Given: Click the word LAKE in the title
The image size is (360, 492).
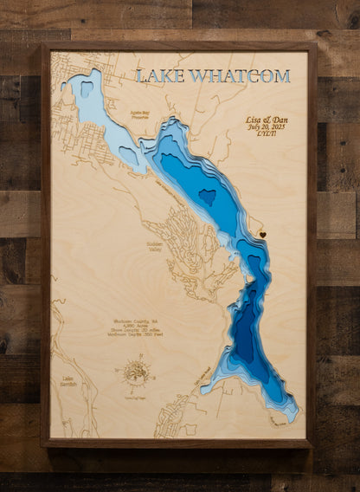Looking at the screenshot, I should coord(159,76).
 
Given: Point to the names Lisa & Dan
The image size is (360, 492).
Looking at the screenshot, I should coord(269,119).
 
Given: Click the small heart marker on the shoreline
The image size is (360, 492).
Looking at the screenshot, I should coord(263,234).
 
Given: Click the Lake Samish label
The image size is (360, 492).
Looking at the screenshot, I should coord(67,380).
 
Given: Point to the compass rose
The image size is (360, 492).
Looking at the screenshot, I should coord(136,372).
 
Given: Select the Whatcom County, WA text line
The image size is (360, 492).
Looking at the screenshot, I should coord(132,320).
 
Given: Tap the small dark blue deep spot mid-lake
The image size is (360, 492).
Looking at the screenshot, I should coord(208,197).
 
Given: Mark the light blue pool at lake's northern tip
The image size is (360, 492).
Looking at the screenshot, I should coord(87,87).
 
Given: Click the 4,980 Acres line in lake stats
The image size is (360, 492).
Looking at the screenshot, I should coord(132,326).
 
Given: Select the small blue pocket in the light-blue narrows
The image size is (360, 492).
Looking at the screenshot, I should coord(129,156).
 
